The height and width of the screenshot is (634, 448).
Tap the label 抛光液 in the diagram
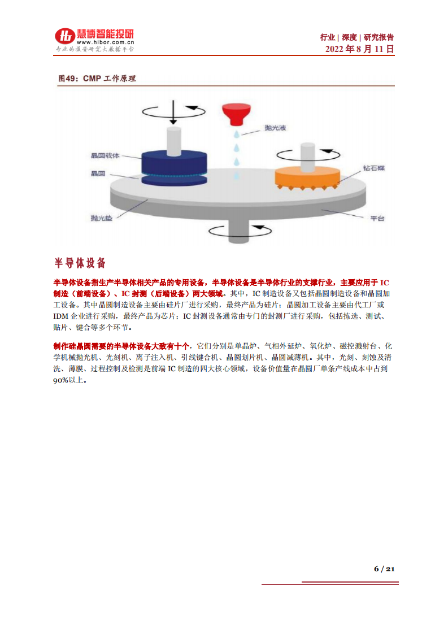point(275,128)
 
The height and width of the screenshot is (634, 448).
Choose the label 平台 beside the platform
point(377,218)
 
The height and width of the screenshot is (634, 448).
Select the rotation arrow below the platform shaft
point(237,230)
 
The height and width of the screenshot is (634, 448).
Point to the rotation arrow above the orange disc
point(307,153)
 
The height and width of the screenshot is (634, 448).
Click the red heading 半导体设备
point(80,263)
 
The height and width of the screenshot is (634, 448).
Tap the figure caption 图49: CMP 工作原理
point(97,79)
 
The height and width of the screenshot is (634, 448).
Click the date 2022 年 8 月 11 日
point(360,49)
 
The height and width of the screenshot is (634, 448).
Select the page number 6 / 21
point(384,568)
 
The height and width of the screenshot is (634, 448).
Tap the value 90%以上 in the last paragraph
point(71,380)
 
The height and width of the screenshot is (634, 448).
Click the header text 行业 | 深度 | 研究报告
point(357,37)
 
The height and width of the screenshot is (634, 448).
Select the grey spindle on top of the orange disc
point(307,155)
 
